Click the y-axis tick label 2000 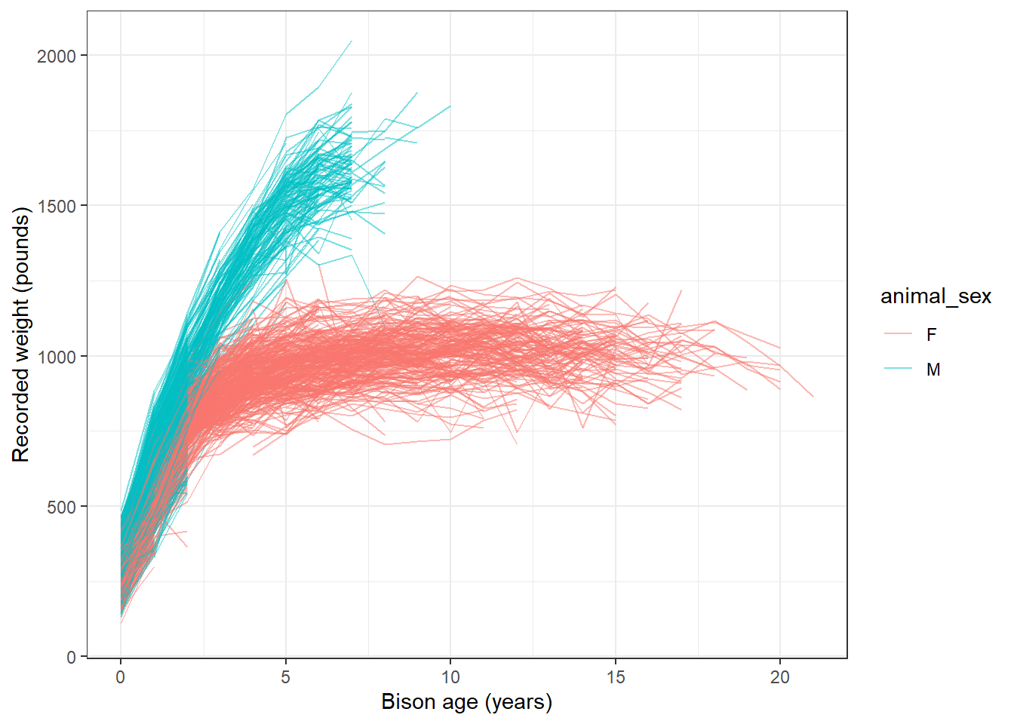click(56, 56)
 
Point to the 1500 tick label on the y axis click(56, 206)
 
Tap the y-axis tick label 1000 click(56, 356)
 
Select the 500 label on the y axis click(61, 507)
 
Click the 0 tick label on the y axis click(71, 657)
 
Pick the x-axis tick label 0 click(120, 677)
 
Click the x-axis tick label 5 click(285, 677)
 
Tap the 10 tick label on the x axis click(450, 677)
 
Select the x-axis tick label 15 click(616, 677)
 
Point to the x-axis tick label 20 click(780, 677)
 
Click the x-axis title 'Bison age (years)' click(466, 702)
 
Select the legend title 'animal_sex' click(936, 296)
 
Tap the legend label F click(932, 335)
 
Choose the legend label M click(933, 370)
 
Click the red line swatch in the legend click(897, 334)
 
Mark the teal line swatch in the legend click(897, 369)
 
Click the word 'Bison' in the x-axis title click(404, 702)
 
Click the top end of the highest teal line click(352, 41)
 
